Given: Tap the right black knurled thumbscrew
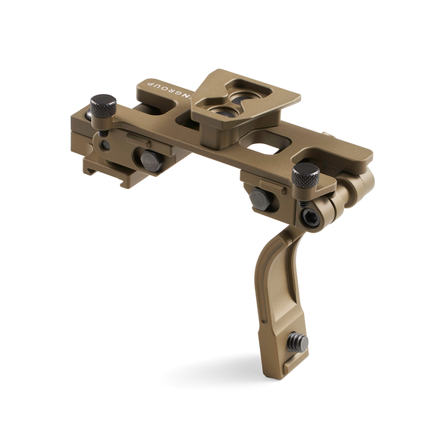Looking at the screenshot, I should (305, 175).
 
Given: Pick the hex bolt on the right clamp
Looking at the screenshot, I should (260, 198).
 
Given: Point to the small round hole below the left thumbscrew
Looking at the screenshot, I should (106, 144).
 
